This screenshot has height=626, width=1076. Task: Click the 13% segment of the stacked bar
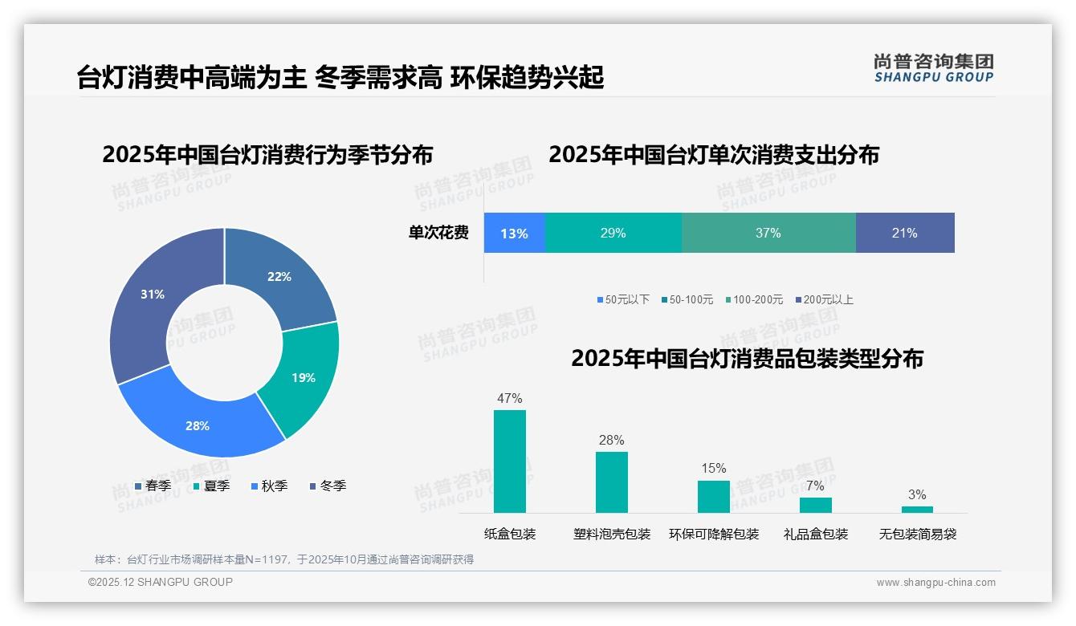[x=514, y=234]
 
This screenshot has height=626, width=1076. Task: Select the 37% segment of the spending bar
[x=768, y=234]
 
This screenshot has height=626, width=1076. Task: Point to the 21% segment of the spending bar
[x=905, y=234]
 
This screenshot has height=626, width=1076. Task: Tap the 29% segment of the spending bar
[x=613, y=234]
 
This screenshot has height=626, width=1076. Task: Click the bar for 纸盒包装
[x=510, y=461]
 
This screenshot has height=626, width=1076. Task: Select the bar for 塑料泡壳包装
[x=612, y=482]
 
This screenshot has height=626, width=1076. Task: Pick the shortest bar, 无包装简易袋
[x=917, y=510]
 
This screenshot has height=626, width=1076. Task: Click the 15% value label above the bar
[x=713, y=469]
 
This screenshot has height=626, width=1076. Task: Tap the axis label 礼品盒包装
[x=815, y=535]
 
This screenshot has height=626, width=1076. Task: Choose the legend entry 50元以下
[x=623, y=299]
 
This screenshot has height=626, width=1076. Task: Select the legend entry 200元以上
[x=825, y=299]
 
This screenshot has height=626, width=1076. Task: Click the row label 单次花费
[x=438, y=234]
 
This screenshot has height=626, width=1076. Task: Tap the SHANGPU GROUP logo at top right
[x=933, y=68]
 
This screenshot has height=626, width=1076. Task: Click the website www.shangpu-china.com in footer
[x=935, y=583]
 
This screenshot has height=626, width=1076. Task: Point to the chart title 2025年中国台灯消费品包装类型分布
[x=747, y=359]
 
